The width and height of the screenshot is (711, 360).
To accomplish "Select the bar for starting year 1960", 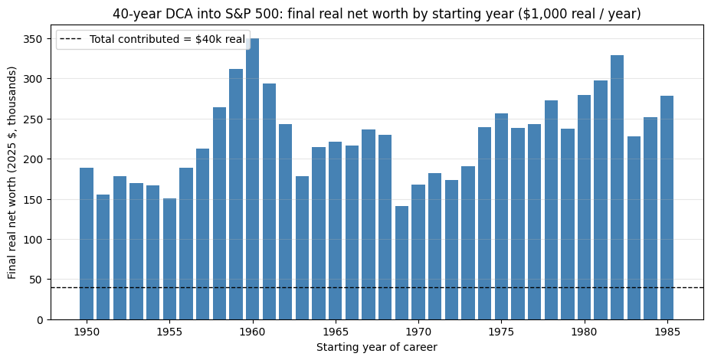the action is coord(253,179).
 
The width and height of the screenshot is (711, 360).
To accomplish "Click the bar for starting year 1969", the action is coord(401,263).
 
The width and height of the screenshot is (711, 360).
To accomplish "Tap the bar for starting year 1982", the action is coord(617,187).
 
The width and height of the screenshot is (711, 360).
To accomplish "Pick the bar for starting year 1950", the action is coord(87,244).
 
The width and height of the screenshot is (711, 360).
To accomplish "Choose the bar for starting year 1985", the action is coord(667,208).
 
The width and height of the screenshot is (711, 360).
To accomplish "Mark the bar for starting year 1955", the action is coord(169,259).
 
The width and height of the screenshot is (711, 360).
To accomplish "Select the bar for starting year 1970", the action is coord(418,252).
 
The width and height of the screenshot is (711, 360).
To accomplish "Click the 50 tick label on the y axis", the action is coord(39,280).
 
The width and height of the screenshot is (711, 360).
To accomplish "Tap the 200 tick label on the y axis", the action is coord(38,159).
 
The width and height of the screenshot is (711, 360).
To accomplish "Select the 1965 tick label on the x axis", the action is coord(336,331).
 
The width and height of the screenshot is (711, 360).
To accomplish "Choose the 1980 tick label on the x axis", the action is coord(584,331).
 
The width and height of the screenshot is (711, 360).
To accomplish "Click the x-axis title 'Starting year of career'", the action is coord(377,347).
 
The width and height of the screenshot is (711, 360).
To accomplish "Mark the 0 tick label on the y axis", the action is coord(41,319).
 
